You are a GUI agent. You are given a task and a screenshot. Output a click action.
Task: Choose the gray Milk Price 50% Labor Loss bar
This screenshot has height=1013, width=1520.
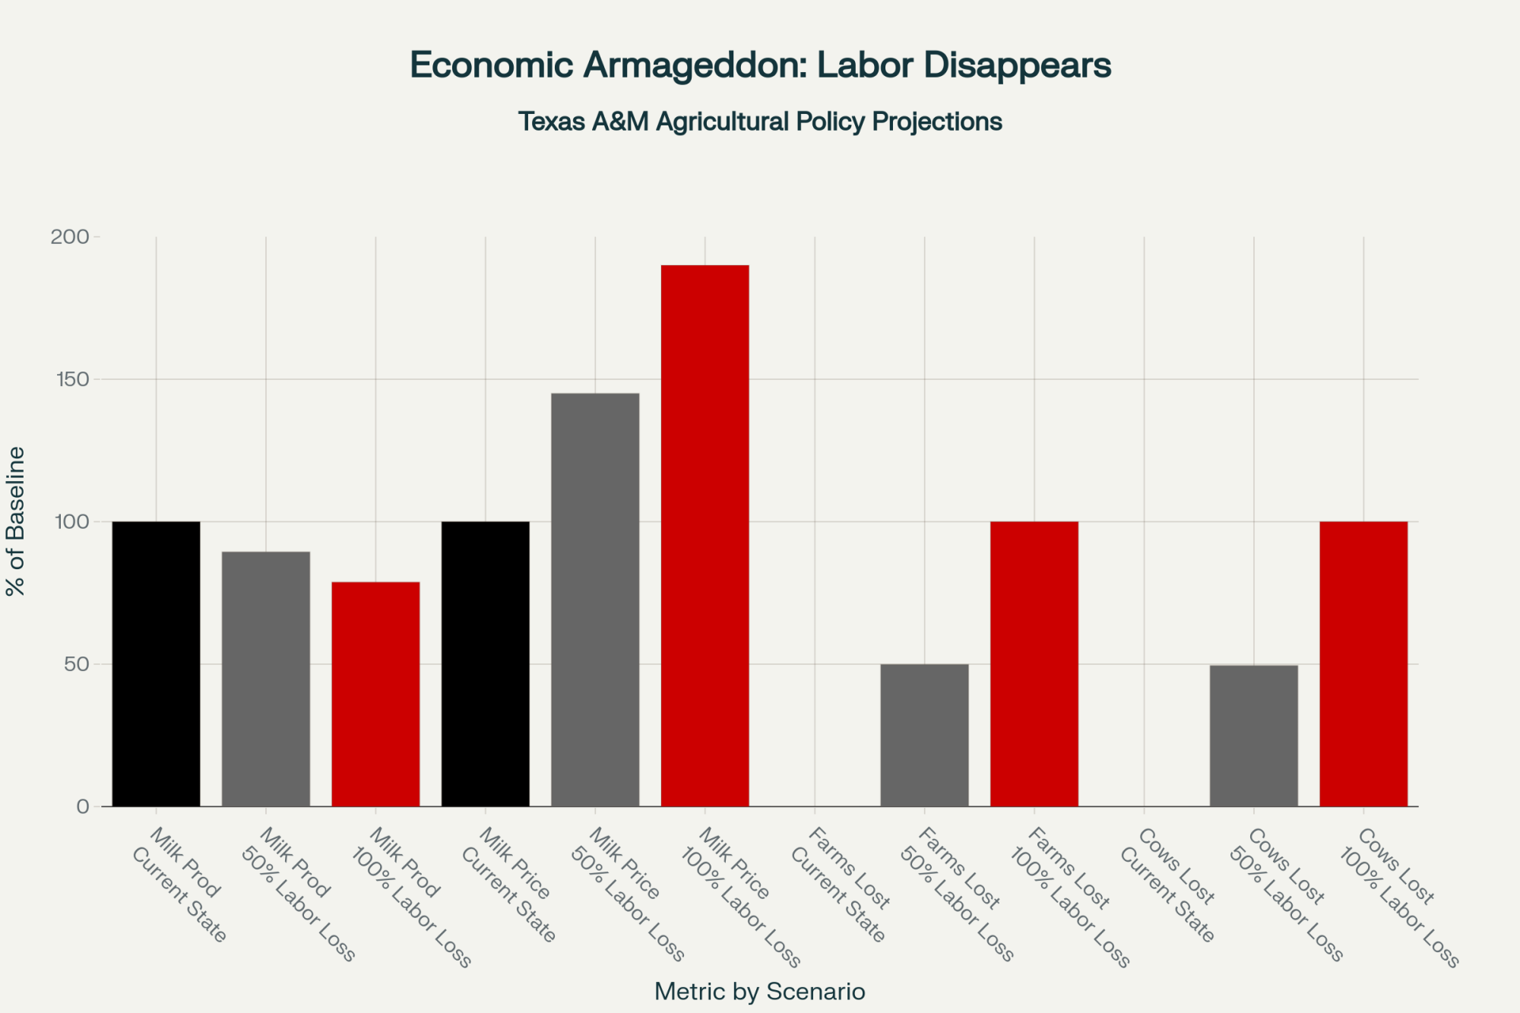[595, 600]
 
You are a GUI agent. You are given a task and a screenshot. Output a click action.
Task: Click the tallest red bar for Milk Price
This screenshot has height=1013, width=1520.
[705, 536]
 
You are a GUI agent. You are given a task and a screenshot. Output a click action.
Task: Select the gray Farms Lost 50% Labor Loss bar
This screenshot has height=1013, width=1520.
[924, 735]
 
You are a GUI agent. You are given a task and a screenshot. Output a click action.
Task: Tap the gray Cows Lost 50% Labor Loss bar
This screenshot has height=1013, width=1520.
[1254, 735]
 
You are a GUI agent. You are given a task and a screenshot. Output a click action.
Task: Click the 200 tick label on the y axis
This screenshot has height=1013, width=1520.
[70, 237]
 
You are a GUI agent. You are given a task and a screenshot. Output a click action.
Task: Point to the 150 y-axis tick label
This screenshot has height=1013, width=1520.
[71, 379]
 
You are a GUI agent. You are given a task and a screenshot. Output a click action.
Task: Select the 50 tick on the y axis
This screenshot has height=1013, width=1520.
[77, 664]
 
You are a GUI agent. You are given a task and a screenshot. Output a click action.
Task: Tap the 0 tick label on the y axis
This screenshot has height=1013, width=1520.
[83, 806]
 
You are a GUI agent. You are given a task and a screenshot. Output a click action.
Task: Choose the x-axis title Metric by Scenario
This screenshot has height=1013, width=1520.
[759, 992]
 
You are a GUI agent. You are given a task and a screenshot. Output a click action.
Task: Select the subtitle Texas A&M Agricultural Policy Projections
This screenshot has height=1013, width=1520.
[760, 122]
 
